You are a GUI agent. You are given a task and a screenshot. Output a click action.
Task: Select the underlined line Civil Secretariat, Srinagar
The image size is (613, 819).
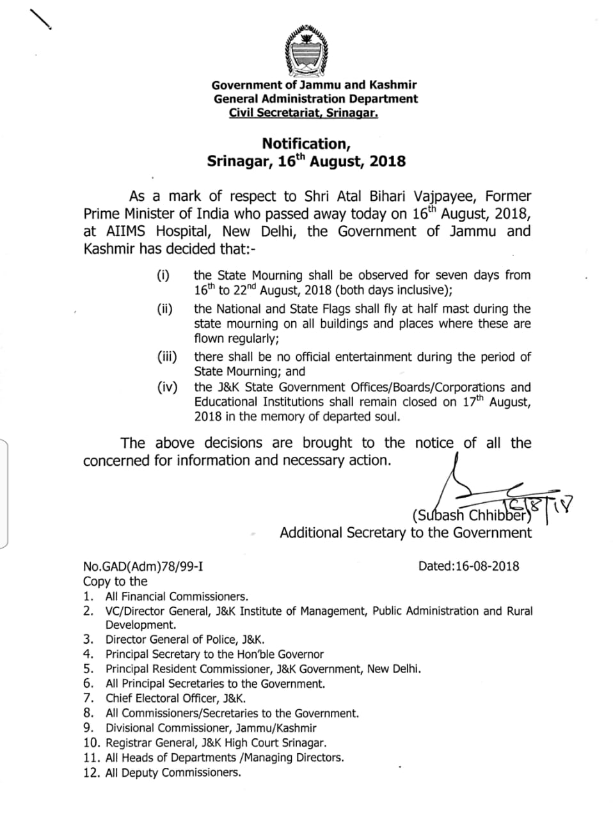pos(303,113)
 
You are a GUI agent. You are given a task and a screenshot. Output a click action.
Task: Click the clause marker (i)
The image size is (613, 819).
pos(164,276)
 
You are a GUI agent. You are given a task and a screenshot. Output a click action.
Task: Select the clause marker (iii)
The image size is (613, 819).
pos(167,357)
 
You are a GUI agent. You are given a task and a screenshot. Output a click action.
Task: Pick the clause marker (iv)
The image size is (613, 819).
pos(167,387)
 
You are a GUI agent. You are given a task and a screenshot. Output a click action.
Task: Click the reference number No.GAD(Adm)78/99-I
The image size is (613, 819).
pos(143,566)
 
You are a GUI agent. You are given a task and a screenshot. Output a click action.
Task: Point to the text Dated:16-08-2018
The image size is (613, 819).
pos(468,566)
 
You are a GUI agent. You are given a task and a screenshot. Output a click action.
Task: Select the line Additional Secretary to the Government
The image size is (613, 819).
pos(406,532)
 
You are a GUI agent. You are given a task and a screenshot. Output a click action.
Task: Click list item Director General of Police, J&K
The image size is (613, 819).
pos(185,639)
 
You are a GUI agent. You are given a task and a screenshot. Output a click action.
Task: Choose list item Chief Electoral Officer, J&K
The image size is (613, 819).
pos(175,699)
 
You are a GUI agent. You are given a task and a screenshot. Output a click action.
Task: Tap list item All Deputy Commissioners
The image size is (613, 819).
pos(173,772)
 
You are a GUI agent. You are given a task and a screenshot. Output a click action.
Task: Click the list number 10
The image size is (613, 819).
pos(92,743)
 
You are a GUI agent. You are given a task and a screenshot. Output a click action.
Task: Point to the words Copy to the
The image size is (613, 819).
pos(115,581)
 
